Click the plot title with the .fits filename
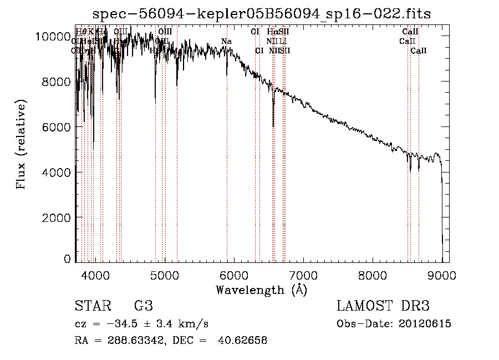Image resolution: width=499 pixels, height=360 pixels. [x=262, y=13]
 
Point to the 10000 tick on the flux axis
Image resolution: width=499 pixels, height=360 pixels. [x=54, y=37]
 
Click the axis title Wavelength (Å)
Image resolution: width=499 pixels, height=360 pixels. [x=261, y=290]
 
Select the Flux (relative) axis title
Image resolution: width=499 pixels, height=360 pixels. [x=22, y=145]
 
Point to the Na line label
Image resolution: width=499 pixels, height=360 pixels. [x=226, y=41]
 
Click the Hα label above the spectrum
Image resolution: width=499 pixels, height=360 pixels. [x=271, y=32]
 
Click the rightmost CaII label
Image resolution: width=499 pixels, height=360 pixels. [x=419, y=51]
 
